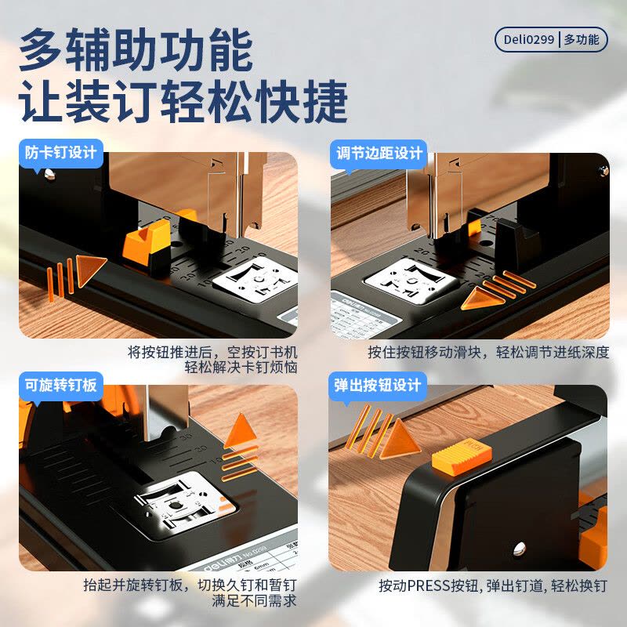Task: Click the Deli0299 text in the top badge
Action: pos(529,39)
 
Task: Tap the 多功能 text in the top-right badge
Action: pos(582,39)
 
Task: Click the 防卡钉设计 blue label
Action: pos(60,152)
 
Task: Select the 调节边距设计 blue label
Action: pos(379,152)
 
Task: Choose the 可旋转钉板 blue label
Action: pos(60,385)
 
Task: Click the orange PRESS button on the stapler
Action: pos(461,457)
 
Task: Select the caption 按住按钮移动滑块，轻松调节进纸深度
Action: pos(488,353)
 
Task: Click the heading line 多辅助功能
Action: pos(135,51)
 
